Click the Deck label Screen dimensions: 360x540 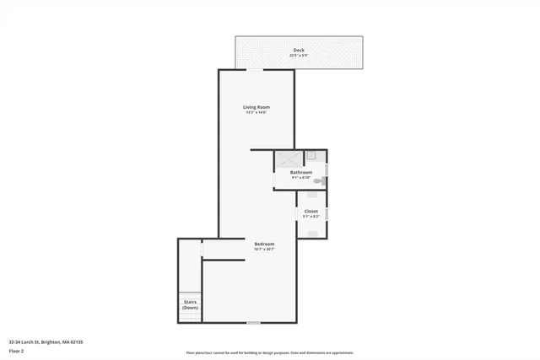299,51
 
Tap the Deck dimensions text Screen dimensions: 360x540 299,56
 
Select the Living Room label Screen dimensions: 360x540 256,107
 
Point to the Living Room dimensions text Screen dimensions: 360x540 256,112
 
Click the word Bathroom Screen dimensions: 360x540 301,172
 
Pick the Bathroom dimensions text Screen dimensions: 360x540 301,177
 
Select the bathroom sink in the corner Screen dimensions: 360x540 310,156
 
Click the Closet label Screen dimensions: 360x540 311,211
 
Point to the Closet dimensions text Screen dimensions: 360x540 311,217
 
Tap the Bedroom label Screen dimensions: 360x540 264,244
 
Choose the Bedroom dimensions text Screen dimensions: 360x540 264,249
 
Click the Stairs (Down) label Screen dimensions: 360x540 190,306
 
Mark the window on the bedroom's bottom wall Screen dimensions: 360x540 253,322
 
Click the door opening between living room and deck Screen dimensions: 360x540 253,70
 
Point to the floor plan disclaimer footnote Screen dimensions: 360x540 269,353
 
